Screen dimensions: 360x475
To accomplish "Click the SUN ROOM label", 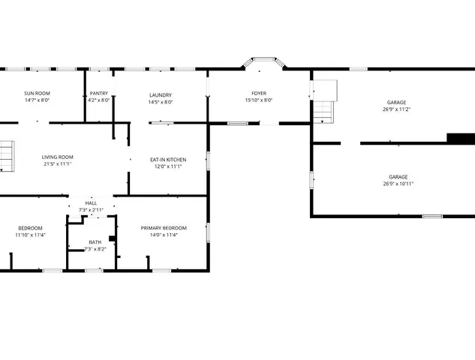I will [36, 94].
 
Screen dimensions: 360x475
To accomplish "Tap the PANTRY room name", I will [98, 94].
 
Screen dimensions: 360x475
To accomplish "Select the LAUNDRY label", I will [161, 94].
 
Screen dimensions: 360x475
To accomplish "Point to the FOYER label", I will [258, 94].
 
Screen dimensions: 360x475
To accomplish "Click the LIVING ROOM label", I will [57, 157].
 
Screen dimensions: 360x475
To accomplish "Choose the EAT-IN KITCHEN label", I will [168, 160].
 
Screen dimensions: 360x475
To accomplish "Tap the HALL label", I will [91, 203].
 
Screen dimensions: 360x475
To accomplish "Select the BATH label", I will [95, 242].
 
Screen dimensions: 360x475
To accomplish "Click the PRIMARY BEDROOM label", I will [164, 228].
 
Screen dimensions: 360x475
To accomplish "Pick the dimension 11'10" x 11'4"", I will [31, 235].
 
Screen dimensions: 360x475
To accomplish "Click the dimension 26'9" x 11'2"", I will [396, 109].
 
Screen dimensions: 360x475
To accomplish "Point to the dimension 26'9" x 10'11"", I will [398, 184].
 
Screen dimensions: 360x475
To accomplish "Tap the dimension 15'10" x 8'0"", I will [258, 100].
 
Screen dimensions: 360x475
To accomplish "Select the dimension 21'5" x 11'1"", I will [57, 163].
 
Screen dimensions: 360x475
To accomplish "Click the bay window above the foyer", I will [263, 64].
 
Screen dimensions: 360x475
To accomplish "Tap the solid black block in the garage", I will [461, 138].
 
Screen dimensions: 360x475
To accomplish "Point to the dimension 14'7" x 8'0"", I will [36, 100].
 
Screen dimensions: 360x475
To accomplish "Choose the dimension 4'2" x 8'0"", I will [98, 100].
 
